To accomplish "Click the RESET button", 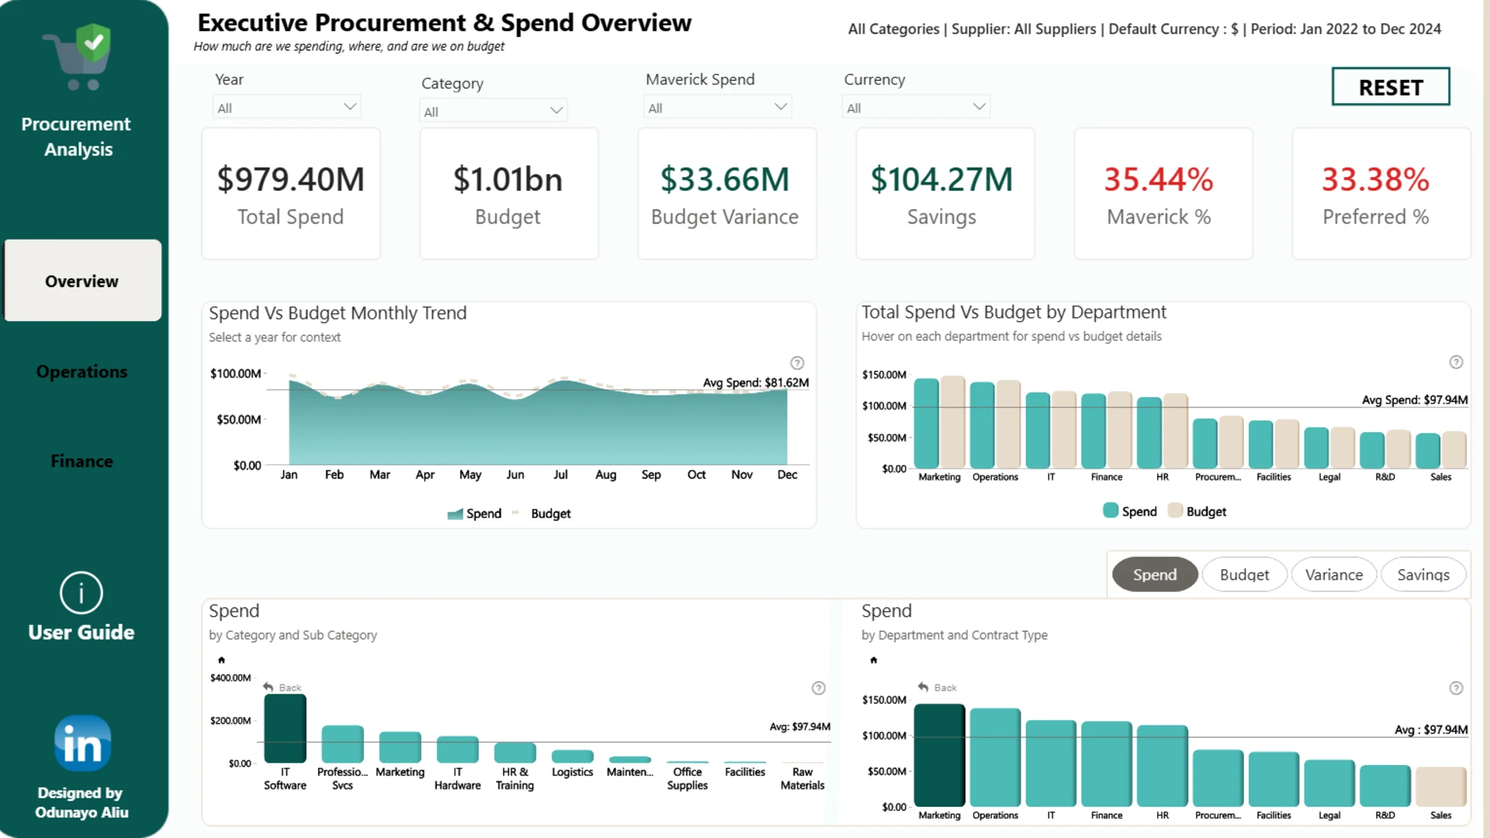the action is pos(1390,86).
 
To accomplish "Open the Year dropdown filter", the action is pos(286,107).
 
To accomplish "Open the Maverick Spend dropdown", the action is pos(717,107).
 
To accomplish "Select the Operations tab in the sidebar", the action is pos(81,372).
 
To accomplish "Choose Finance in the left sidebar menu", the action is pos(81,461).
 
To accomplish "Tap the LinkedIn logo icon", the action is pos(82,743).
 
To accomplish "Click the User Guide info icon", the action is pos(81,593).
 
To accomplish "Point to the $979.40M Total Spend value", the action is pos(290,179).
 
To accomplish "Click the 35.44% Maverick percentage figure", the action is pos(1159,179).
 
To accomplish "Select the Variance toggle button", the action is pos(1333,574).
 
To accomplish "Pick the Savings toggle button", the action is pos(1423,574).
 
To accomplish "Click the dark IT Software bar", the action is pos(285,729).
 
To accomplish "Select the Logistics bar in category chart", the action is pos(572,757).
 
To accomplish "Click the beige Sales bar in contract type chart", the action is pos(1440,787).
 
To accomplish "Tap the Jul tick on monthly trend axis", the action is pos(560,474).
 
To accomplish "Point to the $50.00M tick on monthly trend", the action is pos(238,419).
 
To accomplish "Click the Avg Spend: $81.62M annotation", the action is pos(756,383).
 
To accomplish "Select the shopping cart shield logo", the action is pos(78,56).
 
